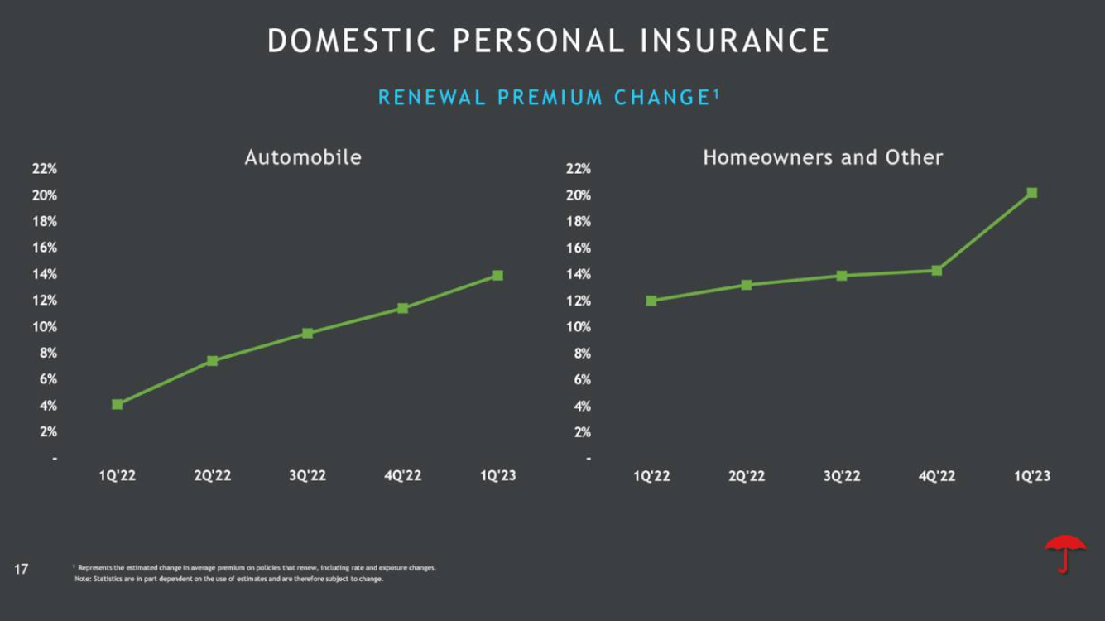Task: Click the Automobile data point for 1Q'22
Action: point(118,404)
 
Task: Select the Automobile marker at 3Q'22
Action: point(307,333)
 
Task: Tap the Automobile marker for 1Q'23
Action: point(497,275)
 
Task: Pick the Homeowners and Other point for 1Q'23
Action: point(1031,193)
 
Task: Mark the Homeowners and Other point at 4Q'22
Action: point(936,270)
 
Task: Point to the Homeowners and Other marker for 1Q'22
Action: point(651,301)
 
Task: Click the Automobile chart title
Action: point(303,157)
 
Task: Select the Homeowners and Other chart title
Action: point(823,157)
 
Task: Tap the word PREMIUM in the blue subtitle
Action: point(550,98)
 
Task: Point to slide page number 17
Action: point(22,569)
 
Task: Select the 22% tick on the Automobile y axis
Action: point(45,169)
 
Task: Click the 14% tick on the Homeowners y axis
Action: point(579,274)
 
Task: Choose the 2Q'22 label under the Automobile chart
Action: point(213,475)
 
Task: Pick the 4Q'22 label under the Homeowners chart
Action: point(936,475)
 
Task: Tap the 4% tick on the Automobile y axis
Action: point(46,406)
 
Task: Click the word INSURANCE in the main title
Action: point(735,41)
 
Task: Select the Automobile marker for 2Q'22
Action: point(212,360)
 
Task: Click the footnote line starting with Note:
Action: point(228,579)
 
